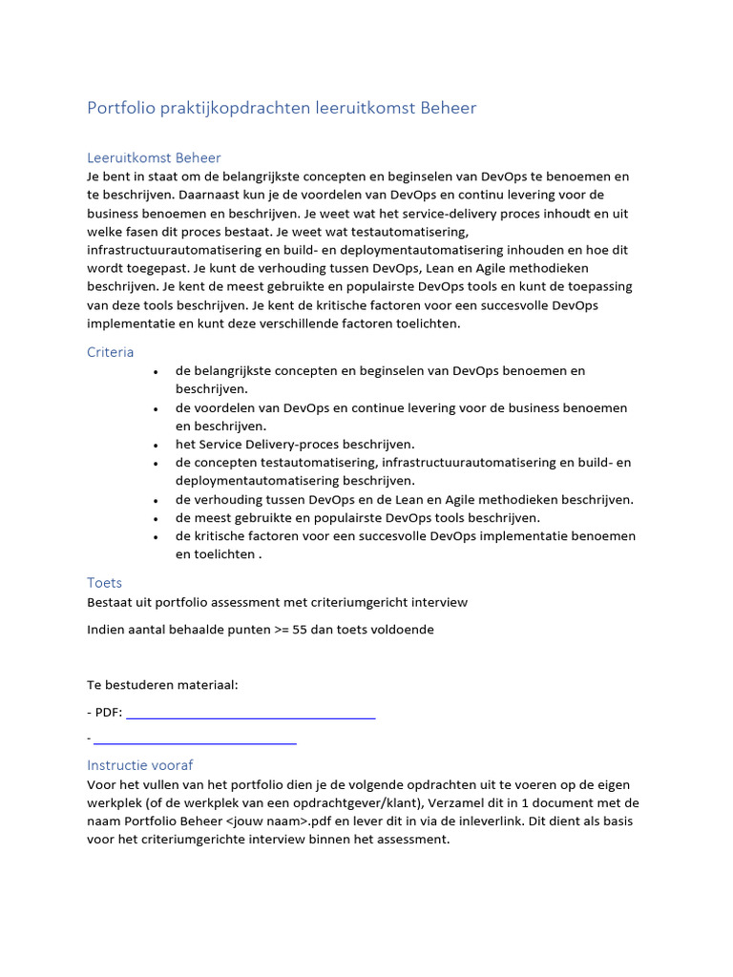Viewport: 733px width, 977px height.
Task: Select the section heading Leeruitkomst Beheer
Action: (154, 157)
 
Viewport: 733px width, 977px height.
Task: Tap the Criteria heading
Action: (111, 352)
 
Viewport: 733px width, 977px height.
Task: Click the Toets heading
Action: (104, 582)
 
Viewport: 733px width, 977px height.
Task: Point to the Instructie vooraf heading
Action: (140, 765)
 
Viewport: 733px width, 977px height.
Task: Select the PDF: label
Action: (108, 712)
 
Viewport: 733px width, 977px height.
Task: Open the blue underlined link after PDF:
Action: (250, 713)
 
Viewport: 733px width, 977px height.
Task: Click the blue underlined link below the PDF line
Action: (195, 739)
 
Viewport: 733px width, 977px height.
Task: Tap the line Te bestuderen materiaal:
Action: (162, 685)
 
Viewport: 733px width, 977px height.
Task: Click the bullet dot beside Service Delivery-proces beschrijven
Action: (155, 445)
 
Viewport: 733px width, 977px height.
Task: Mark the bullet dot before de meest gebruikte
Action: (155, 518)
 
